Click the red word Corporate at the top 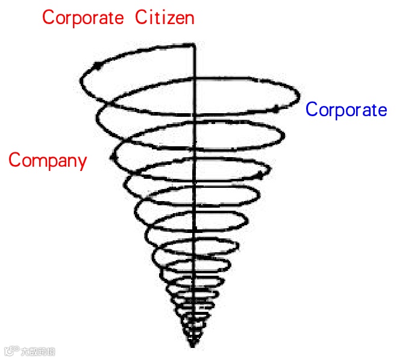click(82, 17)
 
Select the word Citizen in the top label click(165, 17)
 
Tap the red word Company click(48, 161)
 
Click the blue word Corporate click(346, 110)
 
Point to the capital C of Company click(14, 161)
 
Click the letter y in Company click(81, 163)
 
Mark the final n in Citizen click(189, 19)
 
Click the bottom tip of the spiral click(193, 346)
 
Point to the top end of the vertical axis click(193, 45)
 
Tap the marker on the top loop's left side click(96, 66)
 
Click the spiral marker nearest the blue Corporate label click(276, 109)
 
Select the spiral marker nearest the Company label click(113, 157)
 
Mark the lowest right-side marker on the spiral click(260, 175)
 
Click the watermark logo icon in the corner click(10, 350)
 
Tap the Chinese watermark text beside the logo click(37, 351)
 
